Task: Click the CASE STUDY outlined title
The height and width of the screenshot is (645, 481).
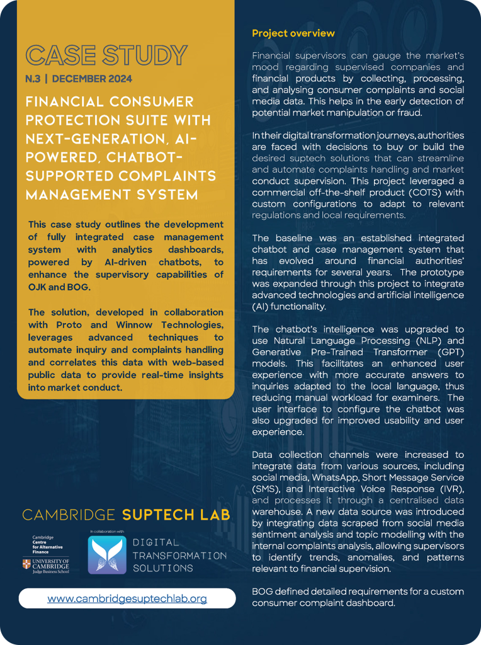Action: click(x=106, y=55)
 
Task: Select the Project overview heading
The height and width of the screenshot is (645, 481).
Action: click(x=293, y=33)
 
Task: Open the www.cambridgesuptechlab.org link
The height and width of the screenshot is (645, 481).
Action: click(x=127, y=598)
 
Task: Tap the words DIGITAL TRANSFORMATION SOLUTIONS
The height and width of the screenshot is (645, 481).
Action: click(x=179, y=555)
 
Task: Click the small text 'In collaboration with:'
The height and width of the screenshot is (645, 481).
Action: click(x=108, y=532)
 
